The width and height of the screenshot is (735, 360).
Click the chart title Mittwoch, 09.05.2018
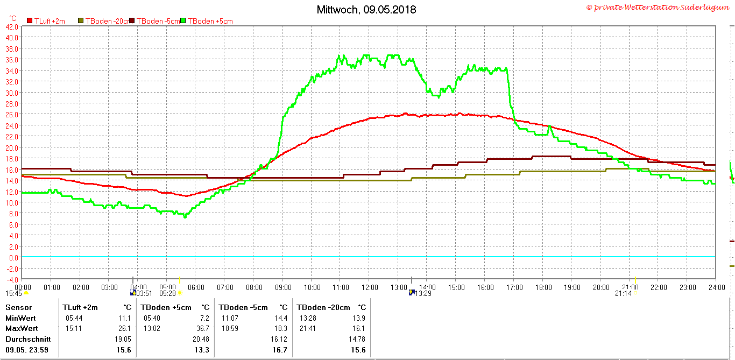366,10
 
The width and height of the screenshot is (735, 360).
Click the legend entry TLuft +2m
50,21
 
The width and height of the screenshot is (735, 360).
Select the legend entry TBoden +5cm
210,21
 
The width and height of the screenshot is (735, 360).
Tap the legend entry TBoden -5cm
158,21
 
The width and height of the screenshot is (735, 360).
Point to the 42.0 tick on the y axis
12,26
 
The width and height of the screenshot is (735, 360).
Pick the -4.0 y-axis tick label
12,279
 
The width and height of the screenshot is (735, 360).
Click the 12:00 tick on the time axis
370,287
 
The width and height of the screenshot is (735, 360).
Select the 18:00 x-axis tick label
543,287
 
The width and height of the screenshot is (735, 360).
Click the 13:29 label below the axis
423,293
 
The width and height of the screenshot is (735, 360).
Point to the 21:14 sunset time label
623,293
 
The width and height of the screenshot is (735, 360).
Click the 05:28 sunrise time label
167,293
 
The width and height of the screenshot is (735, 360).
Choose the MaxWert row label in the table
22,328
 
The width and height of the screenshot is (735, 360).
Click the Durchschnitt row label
28,339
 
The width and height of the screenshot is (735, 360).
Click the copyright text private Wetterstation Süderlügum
659,7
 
